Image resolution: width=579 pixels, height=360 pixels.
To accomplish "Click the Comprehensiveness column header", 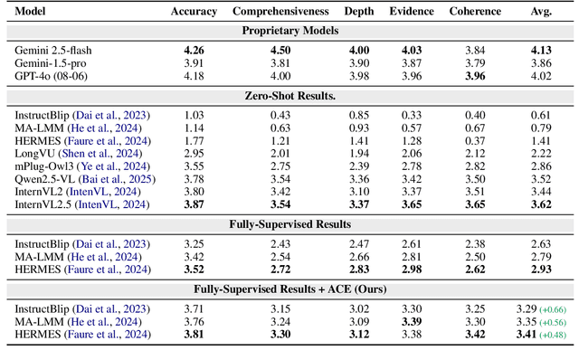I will pos(279,13).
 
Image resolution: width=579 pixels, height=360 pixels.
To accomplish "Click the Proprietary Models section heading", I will pos(289,32).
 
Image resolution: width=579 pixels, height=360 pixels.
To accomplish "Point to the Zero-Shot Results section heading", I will pos(289,98).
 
